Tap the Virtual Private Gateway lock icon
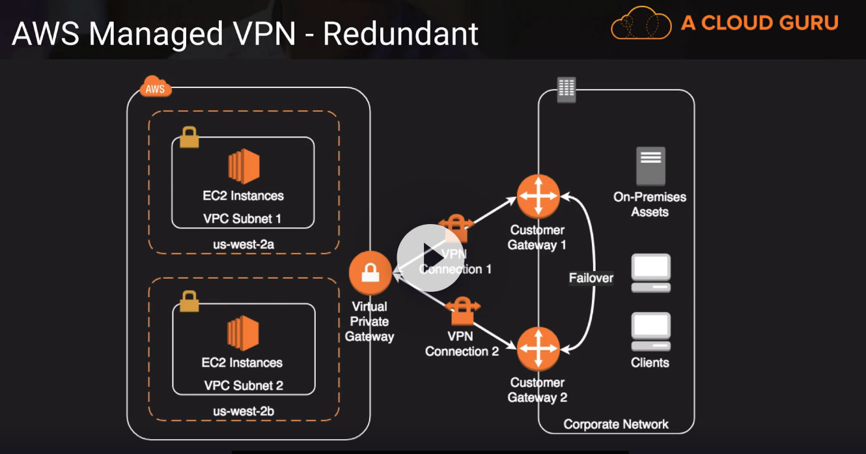(370, 273)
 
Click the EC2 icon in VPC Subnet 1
(244, 165)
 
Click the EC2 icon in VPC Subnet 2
(243, 333)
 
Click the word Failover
(591, 278)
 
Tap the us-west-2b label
(243, 411)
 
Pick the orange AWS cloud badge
(156, 87)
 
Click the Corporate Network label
(616, 425)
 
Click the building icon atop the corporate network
(566, 89)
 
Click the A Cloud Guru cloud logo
(641, 23)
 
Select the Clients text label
(650, 363)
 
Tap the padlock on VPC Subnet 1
(189, 137)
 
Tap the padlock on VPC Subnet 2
(189, 302)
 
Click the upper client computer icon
(650, 272)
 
